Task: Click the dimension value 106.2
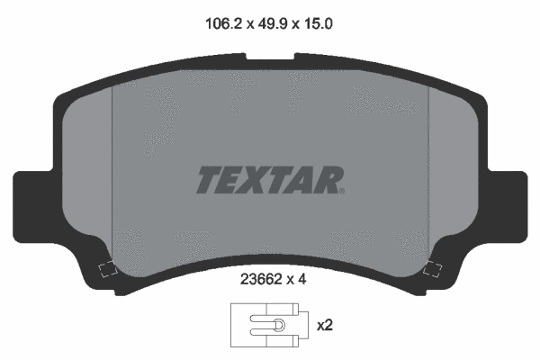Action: coord(224,24)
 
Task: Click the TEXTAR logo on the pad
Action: coord(270,180)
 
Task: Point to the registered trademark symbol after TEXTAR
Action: coord(342,191)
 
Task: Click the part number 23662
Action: coord(261,279)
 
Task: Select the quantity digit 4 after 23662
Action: coord(301,279)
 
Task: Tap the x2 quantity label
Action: coord(325,325)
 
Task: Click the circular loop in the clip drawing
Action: coord(279,325)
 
